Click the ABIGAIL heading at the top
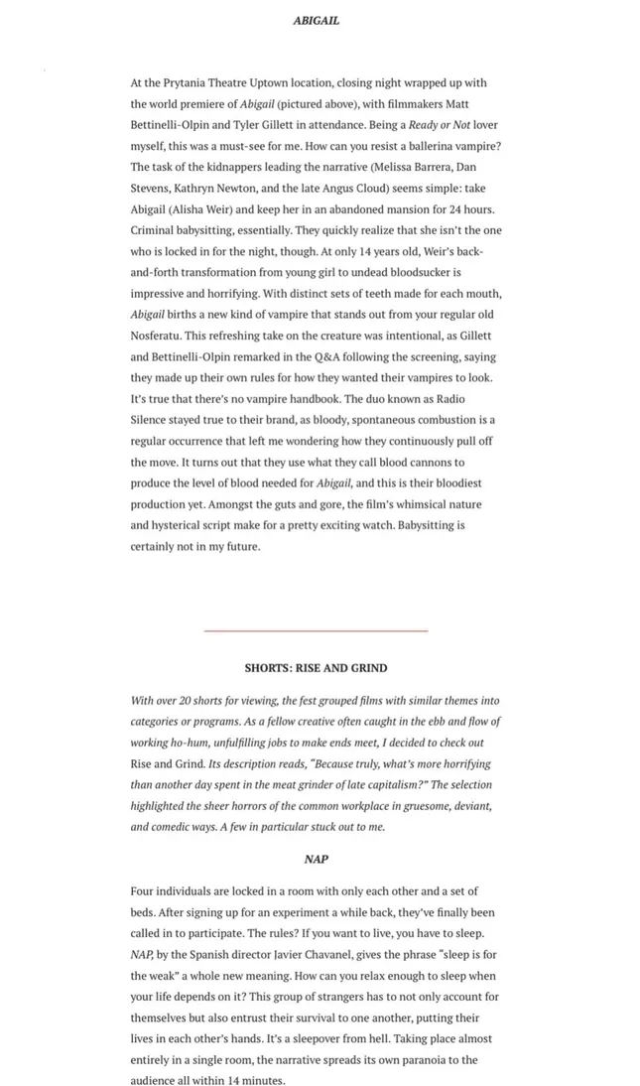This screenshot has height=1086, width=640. (x=316, y=20)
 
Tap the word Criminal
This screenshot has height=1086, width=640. (x=155, y=230)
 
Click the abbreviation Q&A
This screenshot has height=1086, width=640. (x=323, y=356)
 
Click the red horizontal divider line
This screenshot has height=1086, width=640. (x=316, y=630)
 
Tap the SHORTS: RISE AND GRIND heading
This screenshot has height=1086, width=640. (x=316, y=668)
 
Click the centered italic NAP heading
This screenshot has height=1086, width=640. (x=316, y=859)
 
